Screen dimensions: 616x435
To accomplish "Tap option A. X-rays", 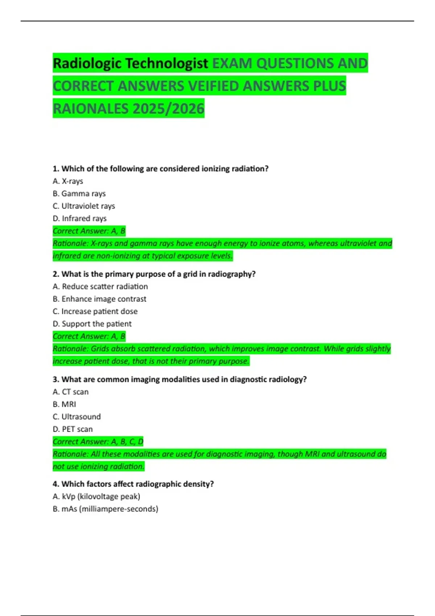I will [68, 181].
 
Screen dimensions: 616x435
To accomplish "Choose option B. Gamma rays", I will [79, 193].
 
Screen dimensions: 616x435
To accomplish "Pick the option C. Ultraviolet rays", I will [84, 206].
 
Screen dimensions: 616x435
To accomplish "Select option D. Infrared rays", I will [79, 218].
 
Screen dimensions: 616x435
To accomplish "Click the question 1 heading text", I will [160, 169].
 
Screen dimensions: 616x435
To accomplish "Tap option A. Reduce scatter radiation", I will [100, 287].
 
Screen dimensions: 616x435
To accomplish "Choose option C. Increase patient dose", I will [95, 311].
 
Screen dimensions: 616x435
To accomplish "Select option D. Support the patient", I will [92, 324].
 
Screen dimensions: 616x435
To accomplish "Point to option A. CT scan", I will [70, 392].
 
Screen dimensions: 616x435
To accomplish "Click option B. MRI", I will [64, 404].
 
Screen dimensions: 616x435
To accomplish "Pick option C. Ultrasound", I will [76, 417].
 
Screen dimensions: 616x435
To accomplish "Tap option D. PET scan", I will [72, 429].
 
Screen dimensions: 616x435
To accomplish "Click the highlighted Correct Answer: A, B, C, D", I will [98, 442].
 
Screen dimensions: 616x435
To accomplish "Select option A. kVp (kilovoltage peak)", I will [96, 496].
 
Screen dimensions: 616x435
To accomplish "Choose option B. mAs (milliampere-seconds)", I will [105, 509].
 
